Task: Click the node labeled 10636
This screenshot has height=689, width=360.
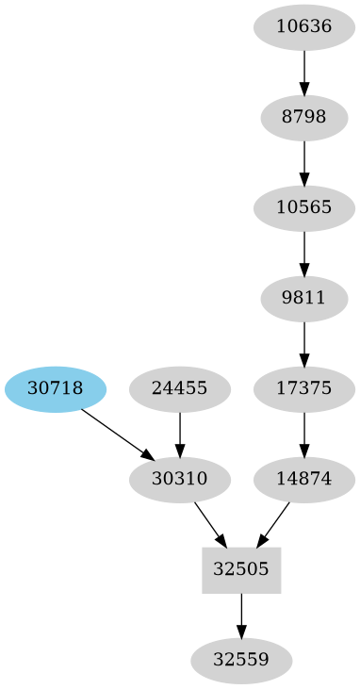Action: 304,27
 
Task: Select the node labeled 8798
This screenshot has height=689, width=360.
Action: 304,118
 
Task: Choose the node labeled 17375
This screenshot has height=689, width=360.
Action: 304,388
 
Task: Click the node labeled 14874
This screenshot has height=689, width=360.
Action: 304,479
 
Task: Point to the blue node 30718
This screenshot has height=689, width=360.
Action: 56,388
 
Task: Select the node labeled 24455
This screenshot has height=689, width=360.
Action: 179,388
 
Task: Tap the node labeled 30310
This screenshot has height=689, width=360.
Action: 179,479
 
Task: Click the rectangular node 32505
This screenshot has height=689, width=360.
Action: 241,569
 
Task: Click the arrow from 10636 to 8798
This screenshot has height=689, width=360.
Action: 304,72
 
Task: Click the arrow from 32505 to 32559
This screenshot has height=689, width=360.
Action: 241,615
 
